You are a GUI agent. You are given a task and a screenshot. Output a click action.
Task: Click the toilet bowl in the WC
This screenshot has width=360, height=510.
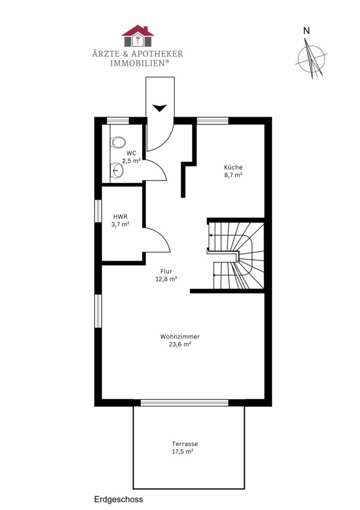pos(118,143)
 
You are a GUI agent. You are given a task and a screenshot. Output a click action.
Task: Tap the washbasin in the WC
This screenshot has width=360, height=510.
pos(117,170)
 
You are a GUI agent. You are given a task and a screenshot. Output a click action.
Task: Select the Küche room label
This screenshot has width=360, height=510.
pos(233,167)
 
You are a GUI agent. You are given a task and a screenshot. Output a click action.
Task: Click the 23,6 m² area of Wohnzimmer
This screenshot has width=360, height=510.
pos(180,344)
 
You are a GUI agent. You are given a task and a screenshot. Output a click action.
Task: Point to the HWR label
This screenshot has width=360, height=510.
pos(120,216)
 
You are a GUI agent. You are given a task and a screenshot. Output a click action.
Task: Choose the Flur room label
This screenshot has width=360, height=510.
pos(166,271)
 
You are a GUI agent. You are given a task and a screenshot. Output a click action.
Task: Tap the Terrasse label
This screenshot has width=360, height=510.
pos(185,443)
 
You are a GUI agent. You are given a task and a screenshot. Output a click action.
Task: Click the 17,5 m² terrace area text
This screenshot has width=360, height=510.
pos(183,451)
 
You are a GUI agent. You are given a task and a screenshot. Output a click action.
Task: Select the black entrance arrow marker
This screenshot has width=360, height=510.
pos(159,108)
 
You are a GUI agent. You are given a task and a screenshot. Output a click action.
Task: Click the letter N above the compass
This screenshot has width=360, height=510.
pos(306,31)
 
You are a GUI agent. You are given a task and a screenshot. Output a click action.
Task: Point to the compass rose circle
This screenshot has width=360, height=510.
pos(311,59)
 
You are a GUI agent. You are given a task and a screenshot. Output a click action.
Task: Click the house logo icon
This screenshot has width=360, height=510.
pos(138,36)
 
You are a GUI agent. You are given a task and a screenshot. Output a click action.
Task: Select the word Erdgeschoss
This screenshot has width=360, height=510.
pos(118,499)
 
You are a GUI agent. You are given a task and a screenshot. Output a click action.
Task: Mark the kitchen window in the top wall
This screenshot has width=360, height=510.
pos(212,121)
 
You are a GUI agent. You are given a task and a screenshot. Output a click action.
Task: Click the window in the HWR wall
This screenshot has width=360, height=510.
pos(98,211)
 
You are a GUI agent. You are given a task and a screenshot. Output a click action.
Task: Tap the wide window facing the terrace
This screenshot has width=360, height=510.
pos(184,403)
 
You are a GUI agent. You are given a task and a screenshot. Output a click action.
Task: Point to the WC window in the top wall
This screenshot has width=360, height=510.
pos(118,121)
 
